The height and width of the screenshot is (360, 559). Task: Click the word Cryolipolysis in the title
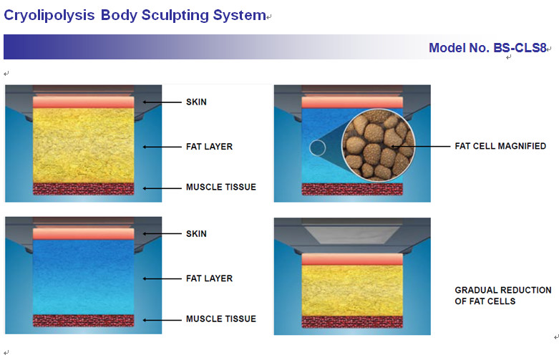pos(49,15)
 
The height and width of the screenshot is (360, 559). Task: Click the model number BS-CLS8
pos(520,47)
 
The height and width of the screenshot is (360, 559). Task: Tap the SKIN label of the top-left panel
pos(196,102)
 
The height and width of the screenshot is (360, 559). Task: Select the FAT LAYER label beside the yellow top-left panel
pos(209,147)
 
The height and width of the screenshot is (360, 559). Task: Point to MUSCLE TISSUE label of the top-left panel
pos(221,187)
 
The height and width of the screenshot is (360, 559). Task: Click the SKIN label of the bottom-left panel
pos(196,234)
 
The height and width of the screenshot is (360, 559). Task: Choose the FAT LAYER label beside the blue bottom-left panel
pos(209,278)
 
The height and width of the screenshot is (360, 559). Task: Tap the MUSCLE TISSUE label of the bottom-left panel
pos(221,319)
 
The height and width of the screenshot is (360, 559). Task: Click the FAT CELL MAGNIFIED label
pos(500,146)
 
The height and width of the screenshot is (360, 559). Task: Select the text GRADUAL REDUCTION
pos(503,290)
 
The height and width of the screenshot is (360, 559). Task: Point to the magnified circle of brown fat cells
pos(378,145)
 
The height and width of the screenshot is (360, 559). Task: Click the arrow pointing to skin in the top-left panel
pos(162,102)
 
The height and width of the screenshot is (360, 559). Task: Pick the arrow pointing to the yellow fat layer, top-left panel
pos(162,147)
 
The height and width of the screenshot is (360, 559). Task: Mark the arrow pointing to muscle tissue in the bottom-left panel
pos(162,320)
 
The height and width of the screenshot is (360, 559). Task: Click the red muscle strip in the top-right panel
pos(352,189)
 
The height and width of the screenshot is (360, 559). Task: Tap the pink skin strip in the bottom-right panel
pos(352,259)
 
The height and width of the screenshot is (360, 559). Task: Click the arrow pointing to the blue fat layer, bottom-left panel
pos(162,278)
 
